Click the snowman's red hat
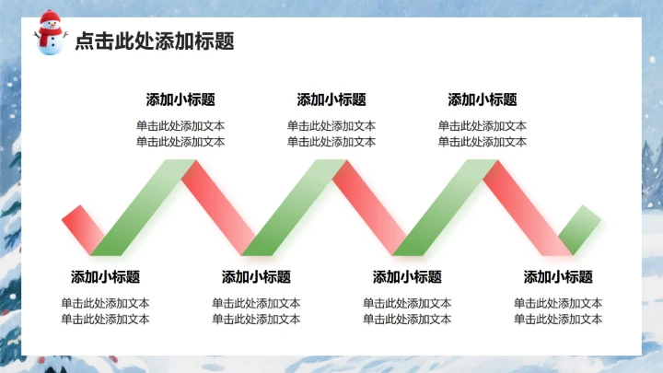(x=50, y=17)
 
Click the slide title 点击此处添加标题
(x=154, y=41)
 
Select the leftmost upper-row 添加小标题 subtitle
(x=180, y=99)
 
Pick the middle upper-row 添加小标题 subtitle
(x=331, y=99)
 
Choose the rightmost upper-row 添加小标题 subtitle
(x=483, y=99)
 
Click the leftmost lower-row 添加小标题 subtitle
(x=105, y=276)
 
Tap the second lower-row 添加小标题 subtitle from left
(x=256, y=276)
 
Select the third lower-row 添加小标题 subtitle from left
(x=407, y=276)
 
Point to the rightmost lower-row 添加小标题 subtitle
(x=558, y=276)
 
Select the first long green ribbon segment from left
(x=143, y=207)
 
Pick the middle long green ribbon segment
(x=294, y=207)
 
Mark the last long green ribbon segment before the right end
(x=445, y=207)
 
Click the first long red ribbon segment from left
(x=218, y=207)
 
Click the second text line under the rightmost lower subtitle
(x=558, y=320)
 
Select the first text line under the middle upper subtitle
(x=331, y=126)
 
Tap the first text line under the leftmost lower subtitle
(x=105, y=303)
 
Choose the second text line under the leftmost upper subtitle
(x=180, y=142)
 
